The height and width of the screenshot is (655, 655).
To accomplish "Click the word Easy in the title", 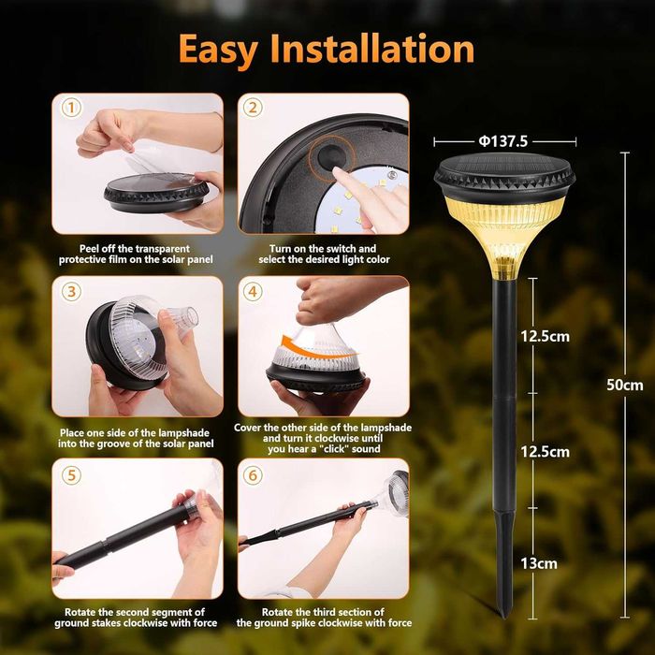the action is coord(218,51).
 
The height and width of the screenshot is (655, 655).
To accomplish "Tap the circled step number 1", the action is coord(71,108).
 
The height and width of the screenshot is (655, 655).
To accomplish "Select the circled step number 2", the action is coord(253,108).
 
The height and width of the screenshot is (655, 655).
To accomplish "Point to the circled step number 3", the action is coord(71,292).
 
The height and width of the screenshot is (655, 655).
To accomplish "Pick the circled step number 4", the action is coord(253,292).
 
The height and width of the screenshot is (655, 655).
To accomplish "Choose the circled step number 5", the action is coord(71,475).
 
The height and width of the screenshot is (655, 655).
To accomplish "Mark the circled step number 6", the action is coord(253,475).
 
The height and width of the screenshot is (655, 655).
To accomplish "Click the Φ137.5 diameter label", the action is coord(503,141).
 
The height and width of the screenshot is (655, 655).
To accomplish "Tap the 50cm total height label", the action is coord(624,385).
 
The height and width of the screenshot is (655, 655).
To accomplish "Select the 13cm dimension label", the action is coord(538,563).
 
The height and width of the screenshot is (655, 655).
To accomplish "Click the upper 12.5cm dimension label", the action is coord(545,336).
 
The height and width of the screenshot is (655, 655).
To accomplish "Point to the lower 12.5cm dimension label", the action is coord(545,452).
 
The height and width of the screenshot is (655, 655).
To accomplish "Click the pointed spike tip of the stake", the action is coord(504,616).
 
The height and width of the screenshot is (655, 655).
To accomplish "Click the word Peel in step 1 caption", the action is coord(88,249).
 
